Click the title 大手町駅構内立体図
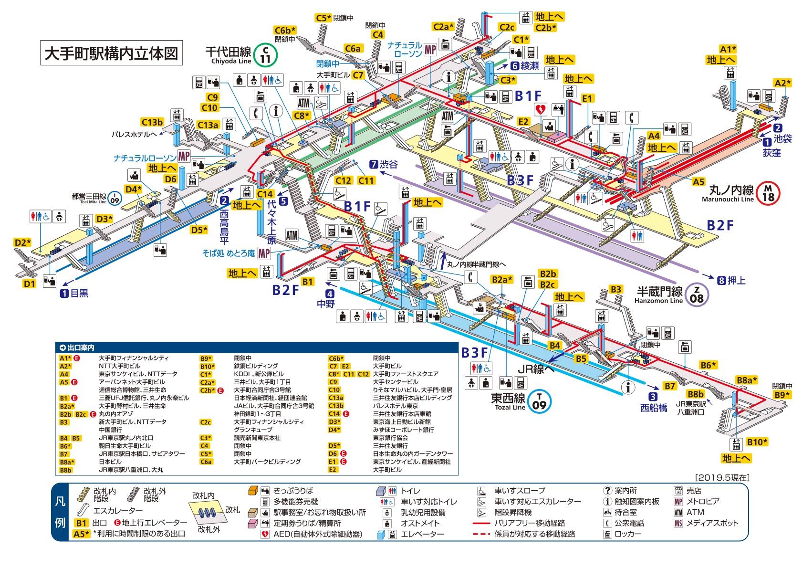point(110,53)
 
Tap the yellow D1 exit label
point(30,284)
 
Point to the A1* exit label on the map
point(728,49)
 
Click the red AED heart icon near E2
point(541,109)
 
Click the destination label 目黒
point(79,294)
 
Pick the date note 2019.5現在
point(722,477)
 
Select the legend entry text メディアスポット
point(712,523)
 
